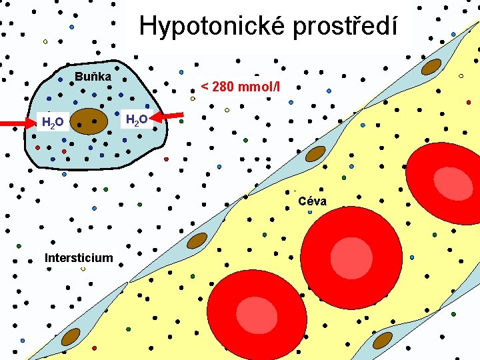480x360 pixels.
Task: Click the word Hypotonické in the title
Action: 208,26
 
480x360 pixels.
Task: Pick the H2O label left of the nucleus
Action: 53,122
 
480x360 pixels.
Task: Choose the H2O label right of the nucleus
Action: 137,120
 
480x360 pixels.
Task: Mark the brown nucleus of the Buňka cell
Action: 89,121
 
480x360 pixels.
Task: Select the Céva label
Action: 312,200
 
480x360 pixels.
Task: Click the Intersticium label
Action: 79,257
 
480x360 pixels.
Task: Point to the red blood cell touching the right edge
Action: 443,181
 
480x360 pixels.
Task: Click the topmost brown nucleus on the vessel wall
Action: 432,67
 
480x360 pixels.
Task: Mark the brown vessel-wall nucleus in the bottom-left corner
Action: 71,337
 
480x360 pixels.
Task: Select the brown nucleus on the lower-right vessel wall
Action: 383,340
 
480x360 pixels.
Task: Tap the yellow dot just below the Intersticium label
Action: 83,269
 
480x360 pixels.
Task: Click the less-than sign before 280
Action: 205,87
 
